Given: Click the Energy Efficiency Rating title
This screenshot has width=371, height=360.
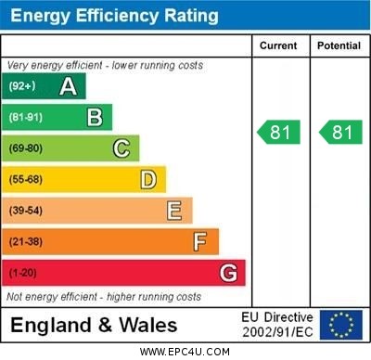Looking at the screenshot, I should tap(115, 16).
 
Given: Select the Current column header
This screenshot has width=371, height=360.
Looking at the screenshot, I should tap(278, 45).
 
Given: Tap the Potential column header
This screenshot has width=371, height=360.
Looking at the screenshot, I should tap(339, 45).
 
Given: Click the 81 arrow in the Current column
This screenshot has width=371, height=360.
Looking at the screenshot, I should tap(279, 133).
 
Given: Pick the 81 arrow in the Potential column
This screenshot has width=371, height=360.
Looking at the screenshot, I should tap(340, 133).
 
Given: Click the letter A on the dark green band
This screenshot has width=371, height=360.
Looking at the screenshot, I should tap(68, 86).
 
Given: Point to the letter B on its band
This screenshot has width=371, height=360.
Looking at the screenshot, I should tap(95, 117).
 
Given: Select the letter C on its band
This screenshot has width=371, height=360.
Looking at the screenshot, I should tap(122, 148).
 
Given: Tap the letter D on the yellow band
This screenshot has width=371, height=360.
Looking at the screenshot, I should tap(148, 179).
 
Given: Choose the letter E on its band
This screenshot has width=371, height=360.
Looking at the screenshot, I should tap(174, 211).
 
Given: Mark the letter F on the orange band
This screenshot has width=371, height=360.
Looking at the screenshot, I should tap(200, 242).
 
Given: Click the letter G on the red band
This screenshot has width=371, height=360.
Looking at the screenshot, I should tap(227, 273).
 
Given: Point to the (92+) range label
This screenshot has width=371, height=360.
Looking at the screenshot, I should tap(23, 86).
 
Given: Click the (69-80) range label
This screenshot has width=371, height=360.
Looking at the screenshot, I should tap(26, 148).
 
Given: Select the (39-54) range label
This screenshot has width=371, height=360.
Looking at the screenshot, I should tap(26, 211).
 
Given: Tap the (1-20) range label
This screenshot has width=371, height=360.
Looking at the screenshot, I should tap(23, 273).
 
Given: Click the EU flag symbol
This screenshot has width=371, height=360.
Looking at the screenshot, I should tap(341, 325).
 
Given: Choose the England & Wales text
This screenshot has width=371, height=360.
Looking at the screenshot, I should tap(94, 326).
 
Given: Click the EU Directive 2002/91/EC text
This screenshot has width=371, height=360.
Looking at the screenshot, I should tap(277, 325).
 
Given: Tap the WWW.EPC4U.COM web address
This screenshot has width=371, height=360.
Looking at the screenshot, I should tap(185, 353).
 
